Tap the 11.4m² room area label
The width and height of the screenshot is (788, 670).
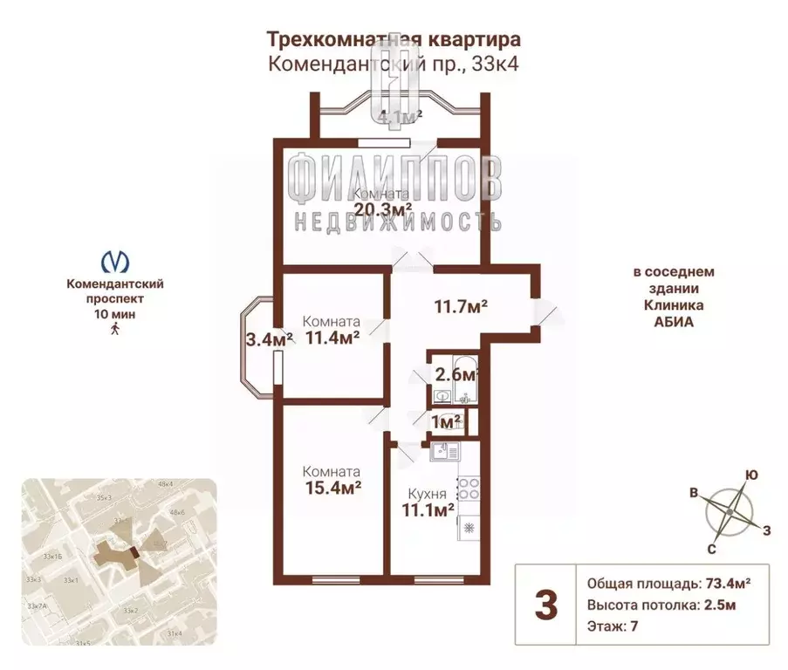[x=332, y=338]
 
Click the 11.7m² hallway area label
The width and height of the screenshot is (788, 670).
[x=460, y=306]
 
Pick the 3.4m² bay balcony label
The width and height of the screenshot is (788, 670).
[x=268, y=339]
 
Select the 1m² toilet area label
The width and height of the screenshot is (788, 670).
[x=447, y=422]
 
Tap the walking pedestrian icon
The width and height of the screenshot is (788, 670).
[x=114, y=329]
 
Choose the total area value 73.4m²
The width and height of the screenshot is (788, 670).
[x=728, y=584]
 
